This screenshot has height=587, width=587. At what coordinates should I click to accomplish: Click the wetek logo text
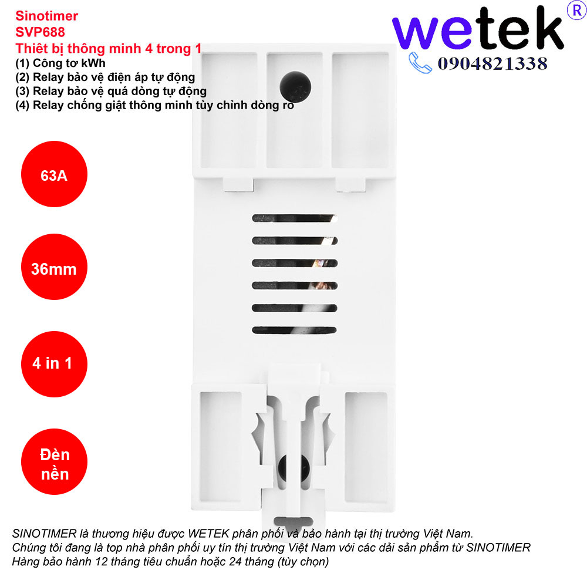pyautogui.click(x=478, y=30)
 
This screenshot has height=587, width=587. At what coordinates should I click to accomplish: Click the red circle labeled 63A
pyautogui.click(x=54, y=176)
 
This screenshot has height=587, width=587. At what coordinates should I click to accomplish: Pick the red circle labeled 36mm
pyautogui.click(x=54, y=269)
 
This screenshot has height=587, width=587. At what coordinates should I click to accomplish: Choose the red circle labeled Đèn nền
pyautogui.click(x=55, y=464)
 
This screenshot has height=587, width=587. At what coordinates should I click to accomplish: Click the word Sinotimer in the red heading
pyautogui.click(x=46, y=16)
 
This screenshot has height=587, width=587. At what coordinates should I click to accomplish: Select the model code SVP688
pyautogui.click(x=40, y=32)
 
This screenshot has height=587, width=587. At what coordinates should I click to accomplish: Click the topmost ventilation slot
pyautogui.click(x=293, y=218)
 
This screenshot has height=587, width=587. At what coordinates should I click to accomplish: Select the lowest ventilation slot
pyautogui.click(x=293, y=330)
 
